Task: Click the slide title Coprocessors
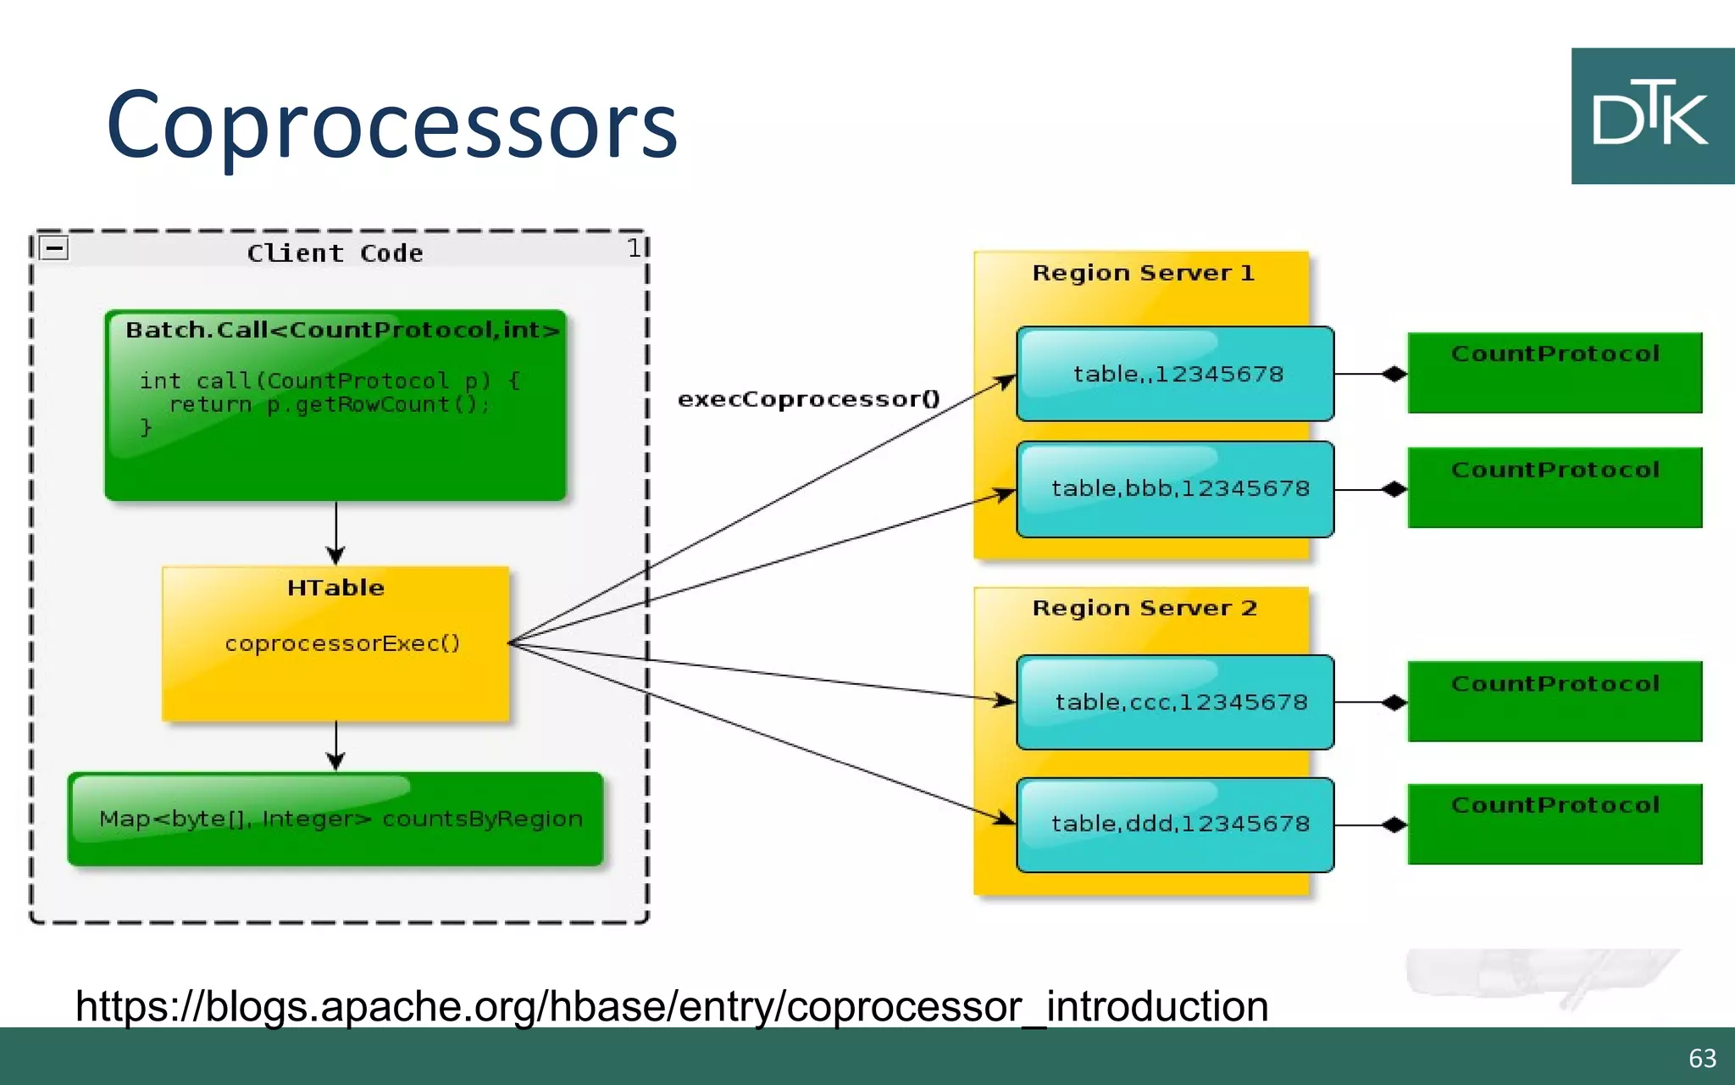point(391,125)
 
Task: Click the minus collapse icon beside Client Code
point(54,248)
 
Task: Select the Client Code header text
point(335,253)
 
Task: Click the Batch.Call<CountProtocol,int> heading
point(342,330)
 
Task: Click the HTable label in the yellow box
point(335,587)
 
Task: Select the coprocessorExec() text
point(342,643)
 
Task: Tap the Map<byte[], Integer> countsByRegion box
point(335,819)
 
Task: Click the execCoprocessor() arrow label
point(808,399)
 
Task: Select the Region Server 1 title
point(1142,273)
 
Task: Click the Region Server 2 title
point(1144,608)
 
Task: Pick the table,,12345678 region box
point(1176,374)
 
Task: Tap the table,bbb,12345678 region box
point(1176,489)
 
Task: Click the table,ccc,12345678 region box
point(1176,702)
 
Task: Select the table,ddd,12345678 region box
point(1176,824)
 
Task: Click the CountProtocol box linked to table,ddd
point(1555,824)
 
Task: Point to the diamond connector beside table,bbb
point(1394,489)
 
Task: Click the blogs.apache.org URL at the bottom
point(671,1007)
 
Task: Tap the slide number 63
point(1702,1058)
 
